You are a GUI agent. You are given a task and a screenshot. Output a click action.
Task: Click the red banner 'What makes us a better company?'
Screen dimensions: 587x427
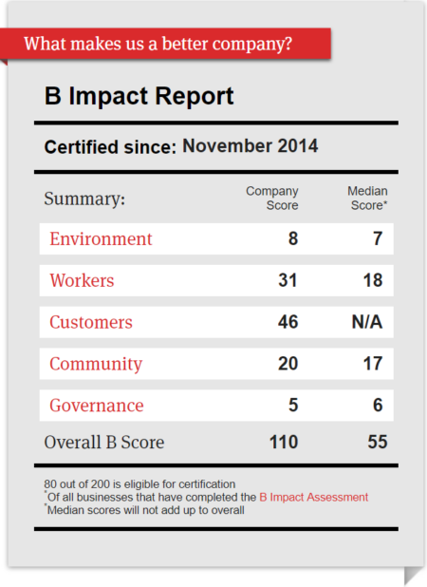pos(158,44)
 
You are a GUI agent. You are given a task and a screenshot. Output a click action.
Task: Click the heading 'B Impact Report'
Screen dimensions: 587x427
pos(139,97)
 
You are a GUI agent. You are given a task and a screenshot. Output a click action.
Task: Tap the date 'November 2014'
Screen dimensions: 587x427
pos(250,146)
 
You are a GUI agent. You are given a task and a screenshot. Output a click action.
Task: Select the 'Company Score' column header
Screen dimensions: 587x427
pos(272,198)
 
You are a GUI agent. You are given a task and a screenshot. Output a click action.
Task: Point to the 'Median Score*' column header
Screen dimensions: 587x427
pos(366,198)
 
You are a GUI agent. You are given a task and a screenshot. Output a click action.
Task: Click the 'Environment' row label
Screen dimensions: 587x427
pos(101,238)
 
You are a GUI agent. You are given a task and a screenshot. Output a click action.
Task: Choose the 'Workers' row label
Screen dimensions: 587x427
pos(82,280)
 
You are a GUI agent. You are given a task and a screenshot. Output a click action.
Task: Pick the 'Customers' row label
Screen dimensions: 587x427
pos(91,322)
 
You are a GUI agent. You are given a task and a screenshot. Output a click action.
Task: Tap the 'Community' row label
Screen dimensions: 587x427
pos(96,364)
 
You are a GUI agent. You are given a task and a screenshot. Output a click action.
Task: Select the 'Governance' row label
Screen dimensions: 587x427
pos(97,406)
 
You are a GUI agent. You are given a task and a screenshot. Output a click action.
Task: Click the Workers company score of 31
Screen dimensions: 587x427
pos(288,280)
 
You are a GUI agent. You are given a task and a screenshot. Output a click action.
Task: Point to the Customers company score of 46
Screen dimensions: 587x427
pos(288,322)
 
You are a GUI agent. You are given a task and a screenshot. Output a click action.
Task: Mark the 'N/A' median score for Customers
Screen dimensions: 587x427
pos(366,322)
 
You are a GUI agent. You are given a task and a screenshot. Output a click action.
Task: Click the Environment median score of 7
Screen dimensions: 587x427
pos(377,238)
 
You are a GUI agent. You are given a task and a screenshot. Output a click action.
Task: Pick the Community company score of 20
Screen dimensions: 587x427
pos(288,364)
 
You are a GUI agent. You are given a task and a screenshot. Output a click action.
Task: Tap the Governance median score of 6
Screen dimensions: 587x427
pos(377,406)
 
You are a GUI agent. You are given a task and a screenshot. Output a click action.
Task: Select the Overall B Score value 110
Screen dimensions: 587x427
pos(283,442)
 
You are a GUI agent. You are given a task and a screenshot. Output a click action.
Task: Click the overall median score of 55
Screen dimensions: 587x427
pos(377,442)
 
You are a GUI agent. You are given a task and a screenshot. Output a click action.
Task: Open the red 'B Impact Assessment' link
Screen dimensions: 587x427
pos(313,497)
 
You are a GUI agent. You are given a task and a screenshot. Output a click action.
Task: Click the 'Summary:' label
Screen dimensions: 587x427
pos(84,199)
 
